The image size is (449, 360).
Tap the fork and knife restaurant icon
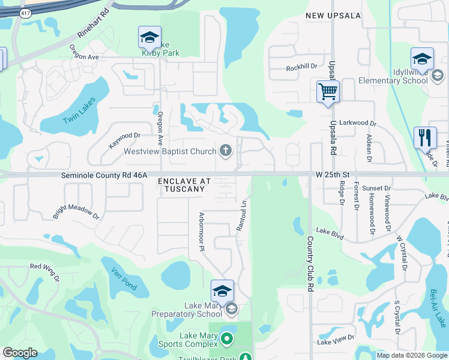click(425, 138)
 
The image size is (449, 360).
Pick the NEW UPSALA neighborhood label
click(333, 16)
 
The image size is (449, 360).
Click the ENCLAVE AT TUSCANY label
click(185, 185)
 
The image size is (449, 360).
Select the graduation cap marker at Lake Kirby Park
click(149, 38)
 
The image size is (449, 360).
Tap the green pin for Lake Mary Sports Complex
click(226, 339)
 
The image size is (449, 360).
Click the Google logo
click(20, 353)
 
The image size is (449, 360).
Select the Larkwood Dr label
click(357, 123)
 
